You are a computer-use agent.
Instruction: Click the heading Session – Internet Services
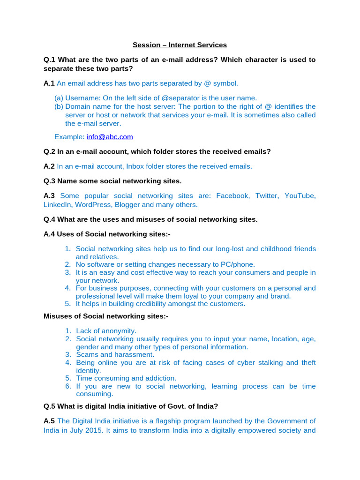[180, 45]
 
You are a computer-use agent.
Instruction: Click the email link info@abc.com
[110, 137]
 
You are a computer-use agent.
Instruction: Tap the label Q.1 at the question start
[49, 60]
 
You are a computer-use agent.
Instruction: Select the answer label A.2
[49, 166]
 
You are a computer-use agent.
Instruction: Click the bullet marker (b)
[59, 106]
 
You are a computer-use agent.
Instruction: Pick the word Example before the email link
[69, 137]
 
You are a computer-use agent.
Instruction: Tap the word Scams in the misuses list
[87, 355]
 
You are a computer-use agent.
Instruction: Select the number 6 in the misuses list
[67, 386]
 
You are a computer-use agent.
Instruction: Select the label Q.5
[49, 406]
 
